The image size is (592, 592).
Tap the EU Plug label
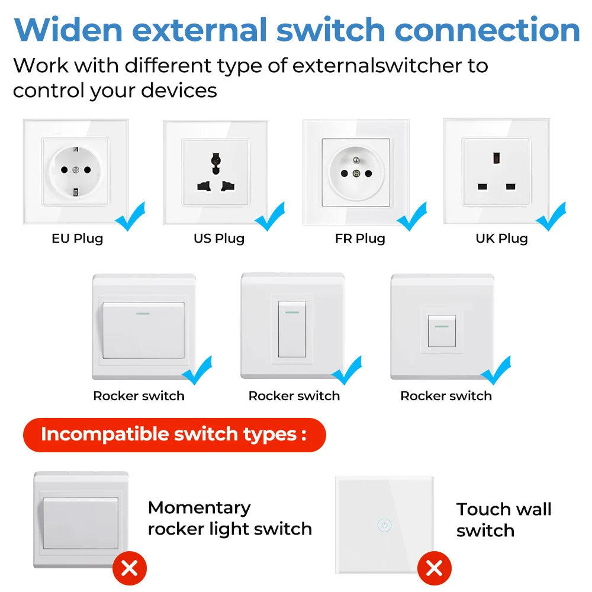[77, 239]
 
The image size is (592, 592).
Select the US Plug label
[219, 239]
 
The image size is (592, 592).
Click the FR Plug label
[360, 239]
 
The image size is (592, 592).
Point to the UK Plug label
[501, 239]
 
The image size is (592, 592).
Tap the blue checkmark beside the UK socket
[551, 216]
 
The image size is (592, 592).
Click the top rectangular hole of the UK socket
[496, 158]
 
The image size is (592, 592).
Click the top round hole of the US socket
[215, 159]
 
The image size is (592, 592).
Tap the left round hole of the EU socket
[63, 170]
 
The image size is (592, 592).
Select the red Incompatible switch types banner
[174, 435]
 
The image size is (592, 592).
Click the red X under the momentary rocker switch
[129, 569]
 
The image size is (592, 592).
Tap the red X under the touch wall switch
[434, 569]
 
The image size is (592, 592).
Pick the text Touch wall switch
[503, 520]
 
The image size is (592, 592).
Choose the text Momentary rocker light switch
[230, 518]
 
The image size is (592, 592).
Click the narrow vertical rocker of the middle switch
[292, 329]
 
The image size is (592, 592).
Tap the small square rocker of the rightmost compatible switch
[441, 331]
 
